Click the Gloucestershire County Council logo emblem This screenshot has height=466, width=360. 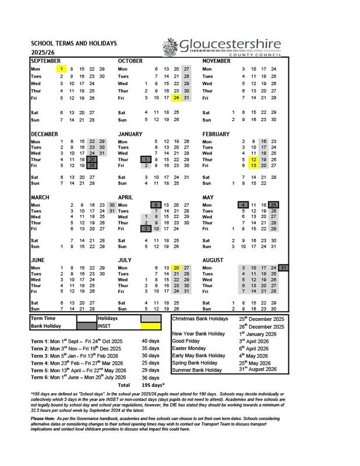point(170,46)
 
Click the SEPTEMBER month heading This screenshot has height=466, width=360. point(45,61)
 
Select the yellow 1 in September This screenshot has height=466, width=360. point(61,69)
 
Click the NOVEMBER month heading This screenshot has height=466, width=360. point(217,61)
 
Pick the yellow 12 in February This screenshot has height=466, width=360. point(253,159)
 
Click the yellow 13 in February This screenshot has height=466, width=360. point(253,166)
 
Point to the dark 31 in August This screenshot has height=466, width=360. point(284,268)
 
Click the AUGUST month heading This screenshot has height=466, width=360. point(214,259)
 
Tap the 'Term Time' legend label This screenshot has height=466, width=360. point(44,319)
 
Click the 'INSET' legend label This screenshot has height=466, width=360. point(105,326)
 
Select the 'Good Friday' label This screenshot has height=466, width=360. point(186,341)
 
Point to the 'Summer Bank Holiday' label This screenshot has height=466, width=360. point(197,370)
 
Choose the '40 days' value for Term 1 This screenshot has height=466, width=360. point(150,341)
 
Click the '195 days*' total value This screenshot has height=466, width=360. point(153,385)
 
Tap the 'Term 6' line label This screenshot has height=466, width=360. point(39,377)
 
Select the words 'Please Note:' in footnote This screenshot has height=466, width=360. point(45,419)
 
